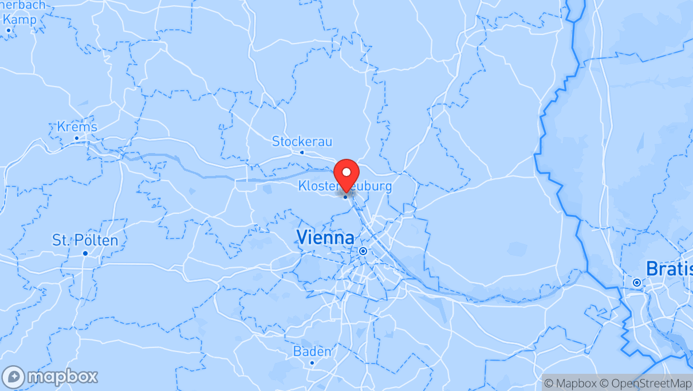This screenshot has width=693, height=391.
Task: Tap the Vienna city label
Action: (x=325, y=237)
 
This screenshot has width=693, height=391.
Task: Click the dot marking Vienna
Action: (x=363, y=251)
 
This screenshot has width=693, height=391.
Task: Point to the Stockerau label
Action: (x=302, y=141)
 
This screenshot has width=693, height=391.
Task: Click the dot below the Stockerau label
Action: (x=302, y=153)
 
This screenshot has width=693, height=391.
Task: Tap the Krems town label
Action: (x=77, y=127)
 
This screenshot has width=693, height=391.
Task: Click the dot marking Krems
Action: (x=76, y=138)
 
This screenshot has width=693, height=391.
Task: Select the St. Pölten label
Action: (x=85, y=240)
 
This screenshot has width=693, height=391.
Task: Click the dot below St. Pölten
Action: (x=85, y=253)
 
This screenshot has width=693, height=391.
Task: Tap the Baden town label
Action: (x=312, y=351)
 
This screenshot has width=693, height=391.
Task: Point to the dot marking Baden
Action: (x=312, y=362)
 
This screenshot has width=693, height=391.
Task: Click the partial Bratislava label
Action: (x=669, y=268)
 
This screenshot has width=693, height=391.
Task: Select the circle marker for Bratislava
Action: (x=636, y=283)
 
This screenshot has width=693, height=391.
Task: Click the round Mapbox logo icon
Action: (x=14, y=377)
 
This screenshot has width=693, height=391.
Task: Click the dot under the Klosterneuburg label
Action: (x=345, y=197)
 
